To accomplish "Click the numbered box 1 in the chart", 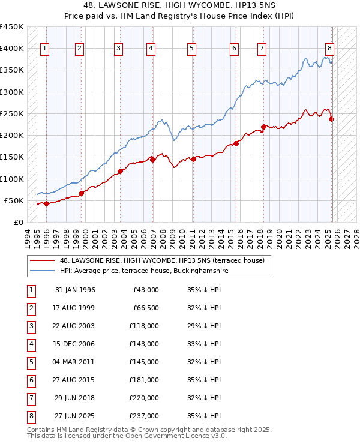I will (46, 49).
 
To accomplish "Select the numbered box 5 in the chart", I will (191, 49).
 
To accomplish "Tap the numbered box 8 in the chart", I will (329, 49).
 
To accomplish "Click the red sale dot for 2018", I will (263, 127).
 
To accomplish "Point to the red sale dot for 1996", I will (46, 203).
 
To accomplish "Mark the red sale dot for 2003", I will (120, 171).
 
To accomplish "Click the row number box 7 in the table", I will (30, 397).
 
